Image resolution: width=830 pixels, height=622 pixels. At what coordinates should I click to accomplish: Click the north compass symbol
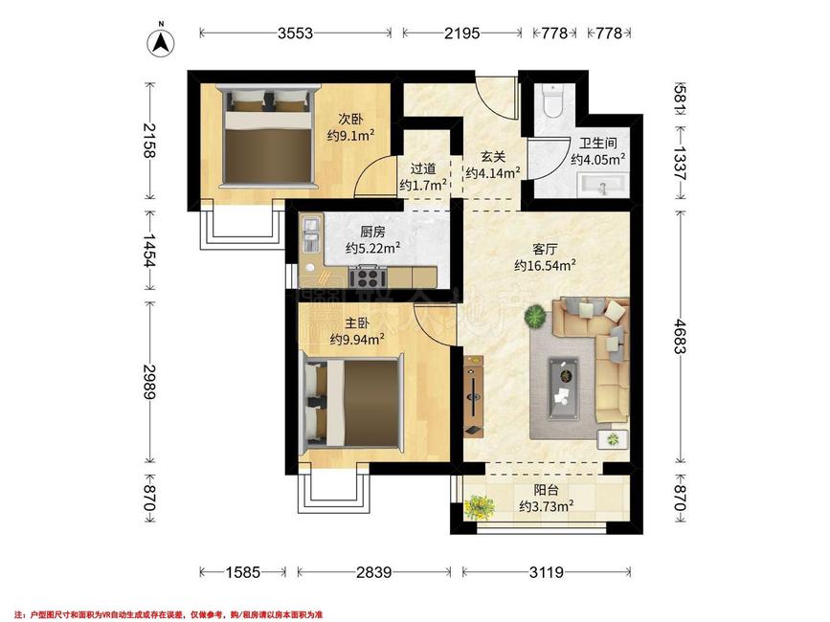coord(161,42)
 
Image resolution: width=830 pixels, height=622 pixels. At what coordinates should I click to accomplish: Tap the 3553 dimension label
coord(296,33)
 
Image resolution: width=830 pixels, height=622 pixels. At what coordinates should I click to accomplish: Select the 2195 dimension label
coord(462,33)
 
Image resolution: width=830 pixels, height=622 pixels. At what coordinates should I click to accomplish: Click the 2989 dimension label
coord(149,381)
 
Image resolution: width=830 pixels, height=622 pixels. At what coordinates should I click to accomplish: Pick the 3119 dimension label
coord(547,571)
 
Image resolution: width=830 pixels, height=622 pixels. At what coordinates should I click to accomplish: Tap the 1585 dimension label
coord(243,571)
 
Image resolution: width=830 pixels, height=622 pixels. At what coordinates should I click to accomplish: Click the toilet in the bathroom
coord(552,100)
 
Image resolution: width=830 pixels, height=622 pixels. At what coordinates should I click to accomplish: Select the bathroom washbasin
coord(602,185)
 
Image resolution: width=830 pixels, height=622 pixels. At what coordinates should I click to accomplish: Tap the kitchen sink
coord(310,233)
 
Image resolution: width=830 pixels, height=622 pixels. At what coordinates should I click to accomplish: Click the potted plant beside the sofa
coord(536,317)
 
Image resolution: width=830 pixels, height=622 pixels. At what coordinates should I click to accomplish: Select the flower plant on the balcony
coord(479,507)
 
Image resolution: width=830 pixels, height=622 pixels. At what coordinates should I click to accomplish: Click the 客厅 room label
coord(545,249)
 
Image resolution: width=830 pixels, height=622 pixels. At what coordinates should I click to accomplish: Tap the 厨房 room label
coord(372,232)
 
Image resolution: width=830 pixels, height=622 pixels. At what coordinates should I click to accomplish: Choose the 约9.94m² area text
coord(357,339)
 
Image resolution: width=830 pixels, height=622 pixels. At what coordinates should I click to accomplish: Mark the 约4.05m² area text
coord(598,159)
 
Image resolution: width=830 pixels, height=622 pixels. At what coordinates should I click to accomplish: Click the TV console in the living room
coord(474,395)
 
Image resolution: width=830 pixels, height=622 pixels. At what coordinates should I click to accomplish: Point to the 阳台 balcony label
coord(547,491)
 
